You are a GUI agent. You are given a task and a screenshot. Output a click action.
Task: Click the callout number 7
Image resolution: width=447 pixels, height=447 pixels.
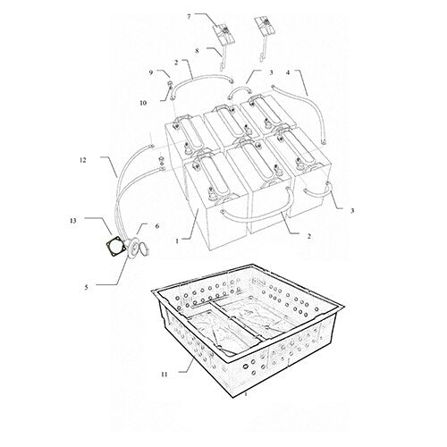pos(189,17)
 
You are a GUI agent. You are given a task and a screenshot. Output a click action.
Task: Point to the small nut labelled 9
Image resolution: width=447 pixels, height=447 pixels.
pos(168,85)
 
